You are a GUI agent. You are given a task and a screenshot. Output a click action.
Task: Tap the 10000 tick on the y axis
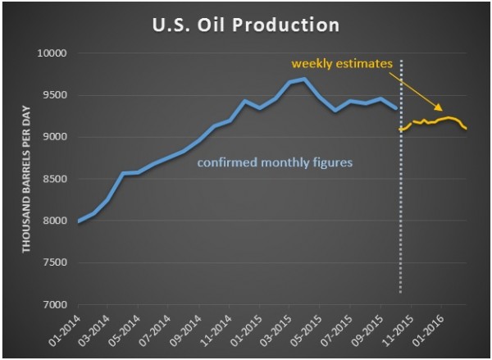tap(55, 53)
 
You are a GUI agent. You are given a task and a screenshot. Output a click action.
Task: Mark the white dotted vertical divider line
tap(401, 205)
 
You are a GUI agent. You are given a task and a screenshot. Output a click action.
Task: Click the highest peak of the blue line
tap(303, 79)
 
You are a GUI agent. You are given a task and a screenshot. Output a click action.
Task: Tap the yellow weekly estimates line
tap(435, 121)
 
